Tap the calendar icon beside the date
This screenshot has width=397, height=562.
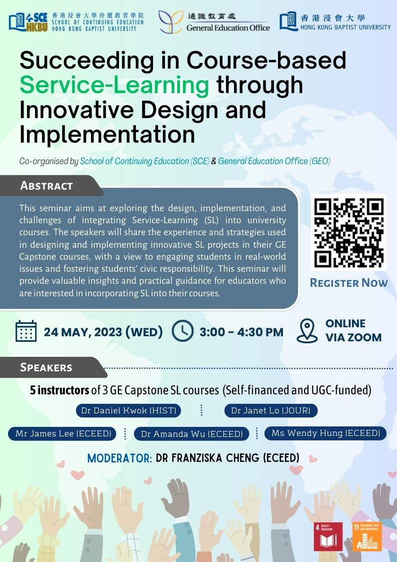coord(26,331)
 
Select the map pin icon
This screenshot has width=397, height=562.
coord(307,331)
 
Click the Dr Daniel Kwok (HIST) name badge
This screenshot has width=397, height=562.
coord(128,410)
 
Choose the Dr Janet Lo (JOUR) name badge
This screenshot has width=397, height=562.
coord(270,410)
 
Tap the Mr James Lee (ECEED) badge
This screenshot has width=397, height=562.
coord(63,433)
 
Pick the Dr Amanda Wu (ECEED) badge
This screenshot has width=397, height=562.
coord(191,434)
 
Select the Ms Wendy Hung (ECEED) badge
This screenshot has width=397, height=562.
coord(325,433)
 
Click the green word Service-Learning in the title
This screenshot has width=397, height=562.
coord(114,85)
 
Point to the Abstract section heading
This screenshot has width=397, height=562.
coord(46,186)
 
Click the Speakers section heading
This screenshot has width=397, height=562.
coord(46,367)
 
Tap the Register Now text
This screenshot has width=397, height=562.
coord(348,283)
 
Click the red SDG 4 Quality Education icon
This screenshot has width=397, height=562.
coord(328,536)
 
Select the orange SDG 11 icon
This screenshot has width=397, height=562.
coord(367,536)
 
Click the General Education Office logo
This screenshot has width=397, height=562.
coord(214,22)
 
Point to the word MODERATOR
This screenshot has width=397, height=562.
coord(119,458)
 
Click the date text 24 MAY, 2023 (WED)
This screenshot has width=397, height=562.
coord(103,332)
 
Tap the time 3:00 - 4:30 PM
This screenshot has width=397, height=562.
coord(241,332)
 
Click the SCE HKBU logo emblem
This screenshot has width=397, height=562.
coord(28,22)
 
